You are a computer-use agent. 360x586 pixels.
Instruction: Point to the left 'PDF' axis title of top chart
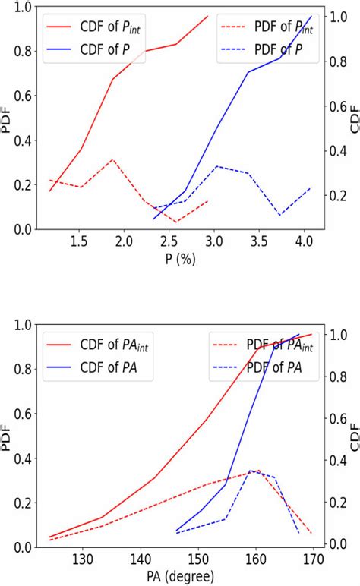pyautogui.click(x=7, y=118)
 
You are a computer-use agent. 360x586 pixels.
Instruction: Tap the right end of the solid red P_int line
pyautogui.click(x=207, y=16)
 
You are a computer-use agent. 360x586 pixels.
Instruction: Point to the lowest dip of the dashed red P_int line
pyautogui.click(x=176, y=222)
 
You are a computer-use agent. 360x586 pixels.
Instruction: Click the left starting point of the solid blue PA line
pyautogui.click(x=176, y=531)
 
